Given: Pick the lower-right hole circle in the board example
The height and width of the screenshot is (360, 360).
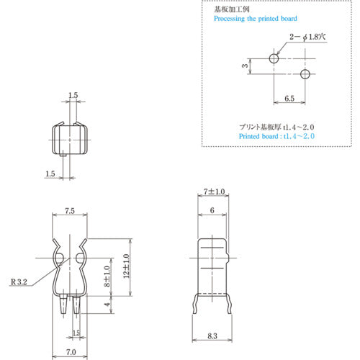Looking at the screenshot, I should point(305,74).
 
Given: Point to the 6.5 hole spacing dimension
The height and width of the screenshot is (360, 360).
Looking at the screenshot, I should point(289,97).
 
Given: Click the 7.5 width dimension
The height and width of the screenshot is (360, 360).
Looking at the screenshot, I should point(71,212).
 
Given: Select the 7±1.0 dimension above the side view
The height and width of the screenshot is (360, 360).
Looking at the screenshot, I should point(215,192).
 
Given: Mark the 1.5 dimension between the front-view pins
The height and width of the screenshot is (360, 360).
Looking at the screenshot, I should point(77,333).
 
